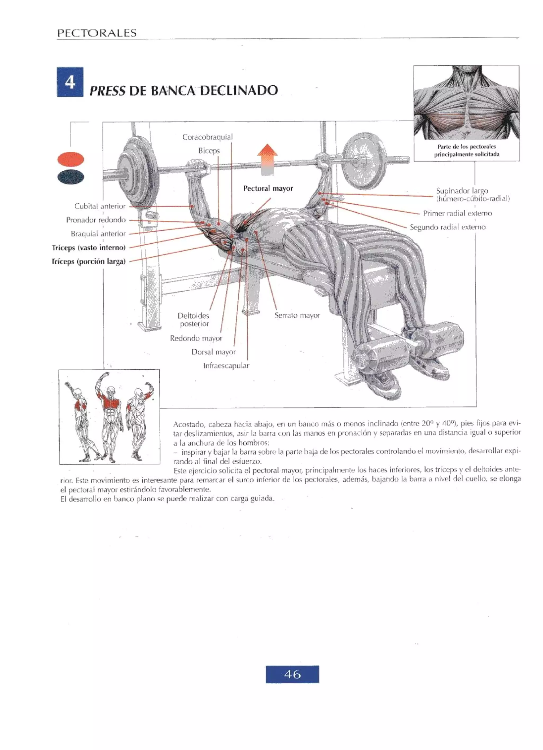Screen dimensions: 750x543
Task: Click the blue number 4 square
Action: pos(70,82)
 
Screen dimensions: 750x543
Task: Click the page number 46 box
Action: pos(292,674)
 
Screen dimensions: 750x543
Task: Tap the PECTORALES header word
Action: pos(97,33)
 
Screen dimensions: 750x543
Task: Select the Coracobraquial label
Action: pos(207,137)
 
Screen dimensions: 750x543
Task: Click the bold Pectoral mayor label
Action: pos(268,188)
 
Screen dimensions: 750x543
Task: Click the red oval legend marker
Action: pos(71,159)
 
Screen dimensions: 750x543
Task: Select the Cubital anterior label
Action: pos(100,206)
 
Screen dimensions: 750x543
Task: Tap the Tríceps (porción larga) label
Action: pos(89,262)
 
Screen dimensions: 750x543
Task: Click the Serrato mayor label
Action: pos(297,315)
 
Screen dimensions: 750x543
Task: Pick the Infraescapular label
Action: pos(226,366)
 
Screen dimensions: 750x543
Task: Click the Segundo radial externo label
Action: pos(448,227)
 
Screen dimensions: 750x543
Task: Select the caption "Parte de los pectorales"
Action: pos(466,147)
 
